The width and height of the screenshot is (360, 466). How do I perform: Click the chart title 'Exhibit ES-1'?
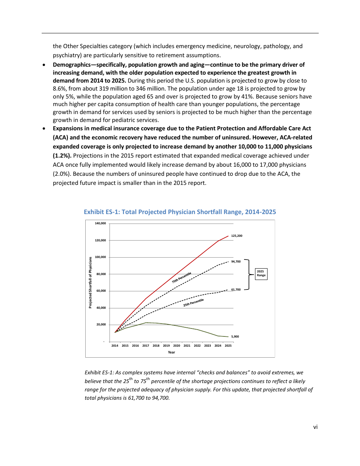pos(180,212)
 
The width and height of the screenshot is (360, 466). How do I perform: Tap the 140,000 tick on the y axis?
pos(100,224)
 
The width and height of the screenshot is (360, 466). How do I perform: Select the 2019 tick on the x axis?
pos(166,346)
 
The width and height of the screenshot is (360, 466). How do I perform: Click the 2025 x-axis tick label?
pos(228,346)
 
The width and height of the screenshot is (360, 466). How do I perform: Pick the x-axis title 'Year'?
pos(171,352)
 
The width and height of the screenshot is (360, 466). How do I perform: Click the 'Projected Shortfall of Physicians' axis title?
pos(90,282)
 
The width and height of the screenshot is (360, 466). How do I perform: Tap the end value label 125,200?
pos(236,236)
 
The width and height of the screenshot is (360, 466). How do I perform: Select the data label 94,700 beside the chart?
pos(236,261)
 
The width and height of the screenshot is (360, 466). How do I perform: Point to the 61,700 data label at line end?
pos(236,289)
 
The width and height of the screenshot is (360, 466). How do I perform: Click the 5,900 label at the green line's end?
pos(235,336)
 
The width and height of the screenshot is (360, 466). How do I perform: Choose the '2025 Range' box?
pos(261,274)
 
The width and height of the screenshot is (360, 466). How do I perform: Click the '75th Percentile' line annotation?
pos(182,278)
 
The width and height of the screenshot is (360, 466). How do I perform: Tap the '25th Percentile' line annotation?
pos(193,302)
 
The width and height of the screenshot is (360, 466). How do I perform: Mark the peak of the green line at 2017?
pos(146,322)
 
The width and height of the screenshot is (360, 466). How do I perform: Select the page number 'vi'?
pos(315,427)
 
